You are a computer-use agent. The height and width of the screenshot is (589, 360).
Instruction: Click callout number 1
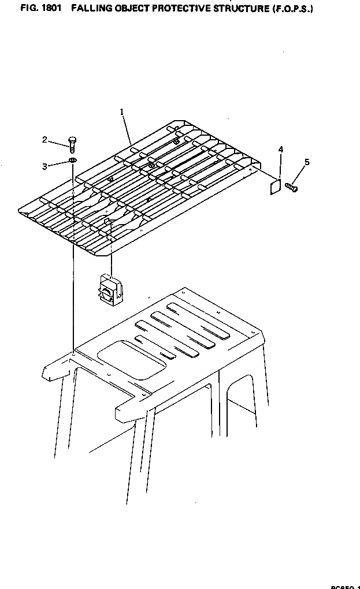(x=122, y=112)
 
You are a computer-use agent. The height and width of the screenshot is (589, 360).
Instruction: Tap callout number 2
(x=44, y=139)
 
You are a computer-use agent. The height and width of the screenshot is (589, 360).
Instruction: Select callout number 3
(x=44, y=166)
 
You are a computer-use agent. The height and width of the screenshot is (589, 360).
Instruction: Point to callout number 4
(x=280, y=150)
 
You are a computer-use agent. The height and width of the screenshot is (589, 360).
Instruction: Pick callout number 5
(x=307, y=162)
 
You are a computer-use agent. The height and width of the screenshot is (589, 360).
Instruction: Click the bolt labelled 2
(x=72, y=144)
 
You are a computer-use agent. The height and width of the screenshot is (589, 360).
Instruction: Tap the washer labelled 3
(x=72, y=160)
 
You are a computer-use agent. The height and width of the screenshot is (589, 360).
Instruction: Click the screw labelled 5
(x=291, y=187)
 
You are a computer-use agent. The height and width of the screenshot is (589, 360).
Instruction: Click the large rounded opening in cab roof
(x=129, y=359)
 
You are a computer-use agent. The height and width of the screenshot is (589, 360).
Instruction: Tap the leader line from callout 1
(x=128, y=128)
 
